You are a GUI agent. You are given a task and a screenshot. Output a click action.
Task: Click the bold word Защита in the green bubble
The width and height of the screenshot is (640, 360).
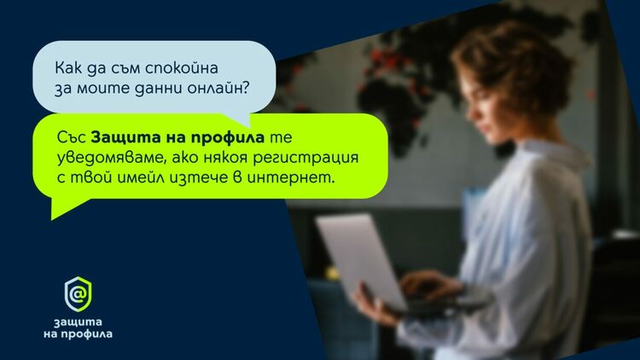(x=117, y=138)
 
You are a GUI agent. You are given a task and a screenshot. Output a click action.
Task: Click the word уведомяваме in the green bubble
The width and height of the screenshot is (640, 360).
(x=108, y=159)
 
